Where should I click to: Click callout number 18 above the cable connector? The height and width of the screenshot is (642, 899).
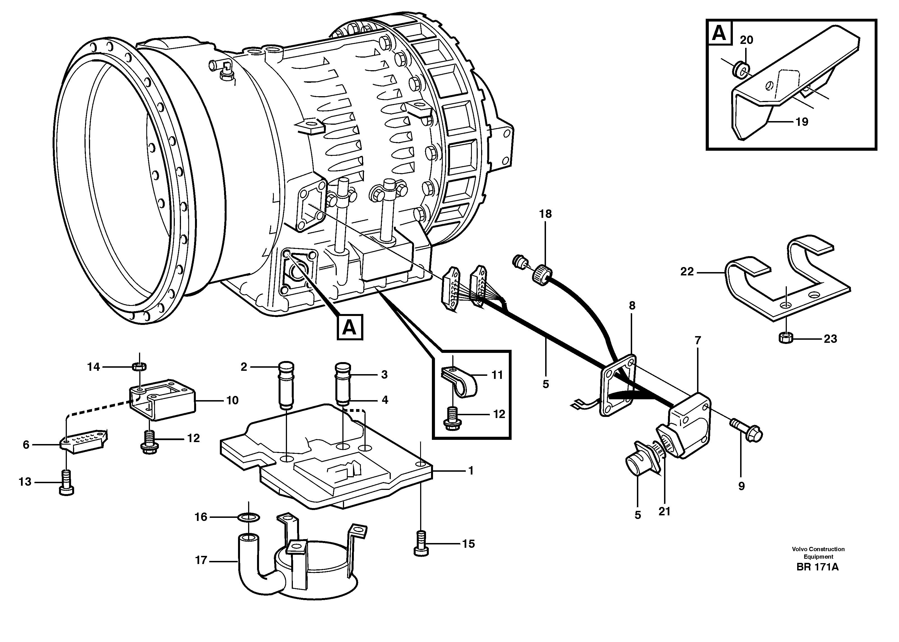(x=545, y=214)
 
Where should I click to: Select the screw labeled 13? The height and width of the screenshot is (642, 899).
(x=66, y=487)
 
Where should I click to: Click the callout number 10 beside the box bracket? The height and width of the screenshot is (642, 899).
(x=232, y=400)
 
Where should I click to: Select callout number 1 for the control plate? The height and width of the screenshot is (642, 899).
(x=470, y=470)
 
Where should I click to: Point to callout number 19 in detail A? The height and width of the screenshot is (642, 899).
(x=801, y=122)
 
